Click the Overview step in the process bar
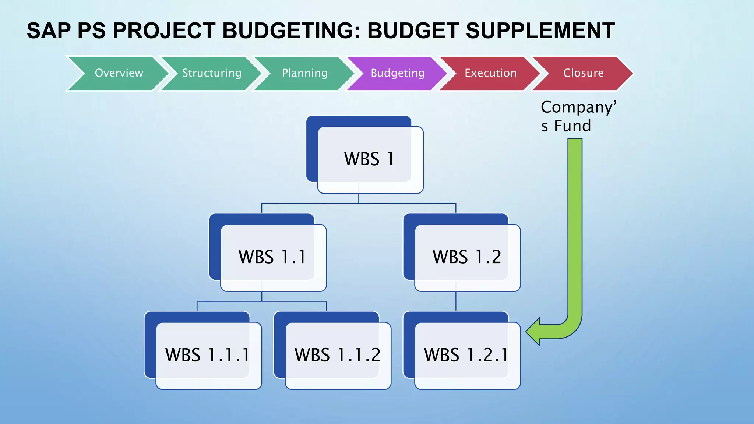tap(119, 73)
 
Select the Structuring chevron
tap(212, 73)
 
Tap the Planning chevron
tap(304, 73)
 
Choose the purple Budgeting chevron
tap(397, 73)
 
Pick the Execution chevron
tap(490, 73)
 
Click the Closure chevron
tap(583, 73)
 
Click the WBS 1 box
tap(369, 159)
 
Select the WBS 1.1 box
tap(272, 257)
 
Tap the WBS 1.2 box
tap(466, 257)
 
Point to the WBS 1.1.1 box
tap(207, 355)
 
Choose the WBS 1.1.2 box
tap(337, 355)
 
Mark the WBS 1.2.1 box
tap(466, 355)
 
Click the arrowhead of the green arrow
tap(534, 332)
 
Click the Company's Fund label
tap(578, 116)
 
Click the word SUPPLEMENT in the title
tap(540, 31)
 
